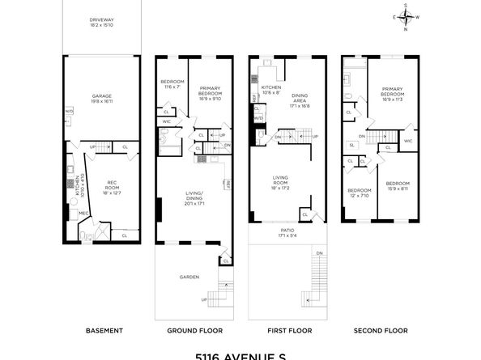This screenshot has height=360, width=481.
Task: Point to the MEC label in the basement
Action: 83,214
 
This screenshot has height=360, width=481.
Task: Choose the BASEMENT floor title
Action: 104,330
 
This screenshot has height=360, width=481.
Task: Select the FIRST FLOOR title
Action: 287,330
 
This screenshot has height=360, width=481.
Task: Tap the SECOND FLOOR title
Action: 380,330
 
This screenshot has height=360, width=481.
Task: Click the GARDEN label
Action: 189,277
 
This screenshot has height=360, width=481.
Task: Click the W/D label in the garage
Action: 69,112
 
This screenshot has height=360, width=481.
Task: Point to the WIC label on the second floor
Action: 407,141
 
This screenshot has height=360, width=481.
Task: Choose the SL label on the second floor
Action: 352,145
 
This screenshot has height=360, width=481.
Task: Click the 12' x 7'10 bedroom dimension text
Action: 358,196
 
